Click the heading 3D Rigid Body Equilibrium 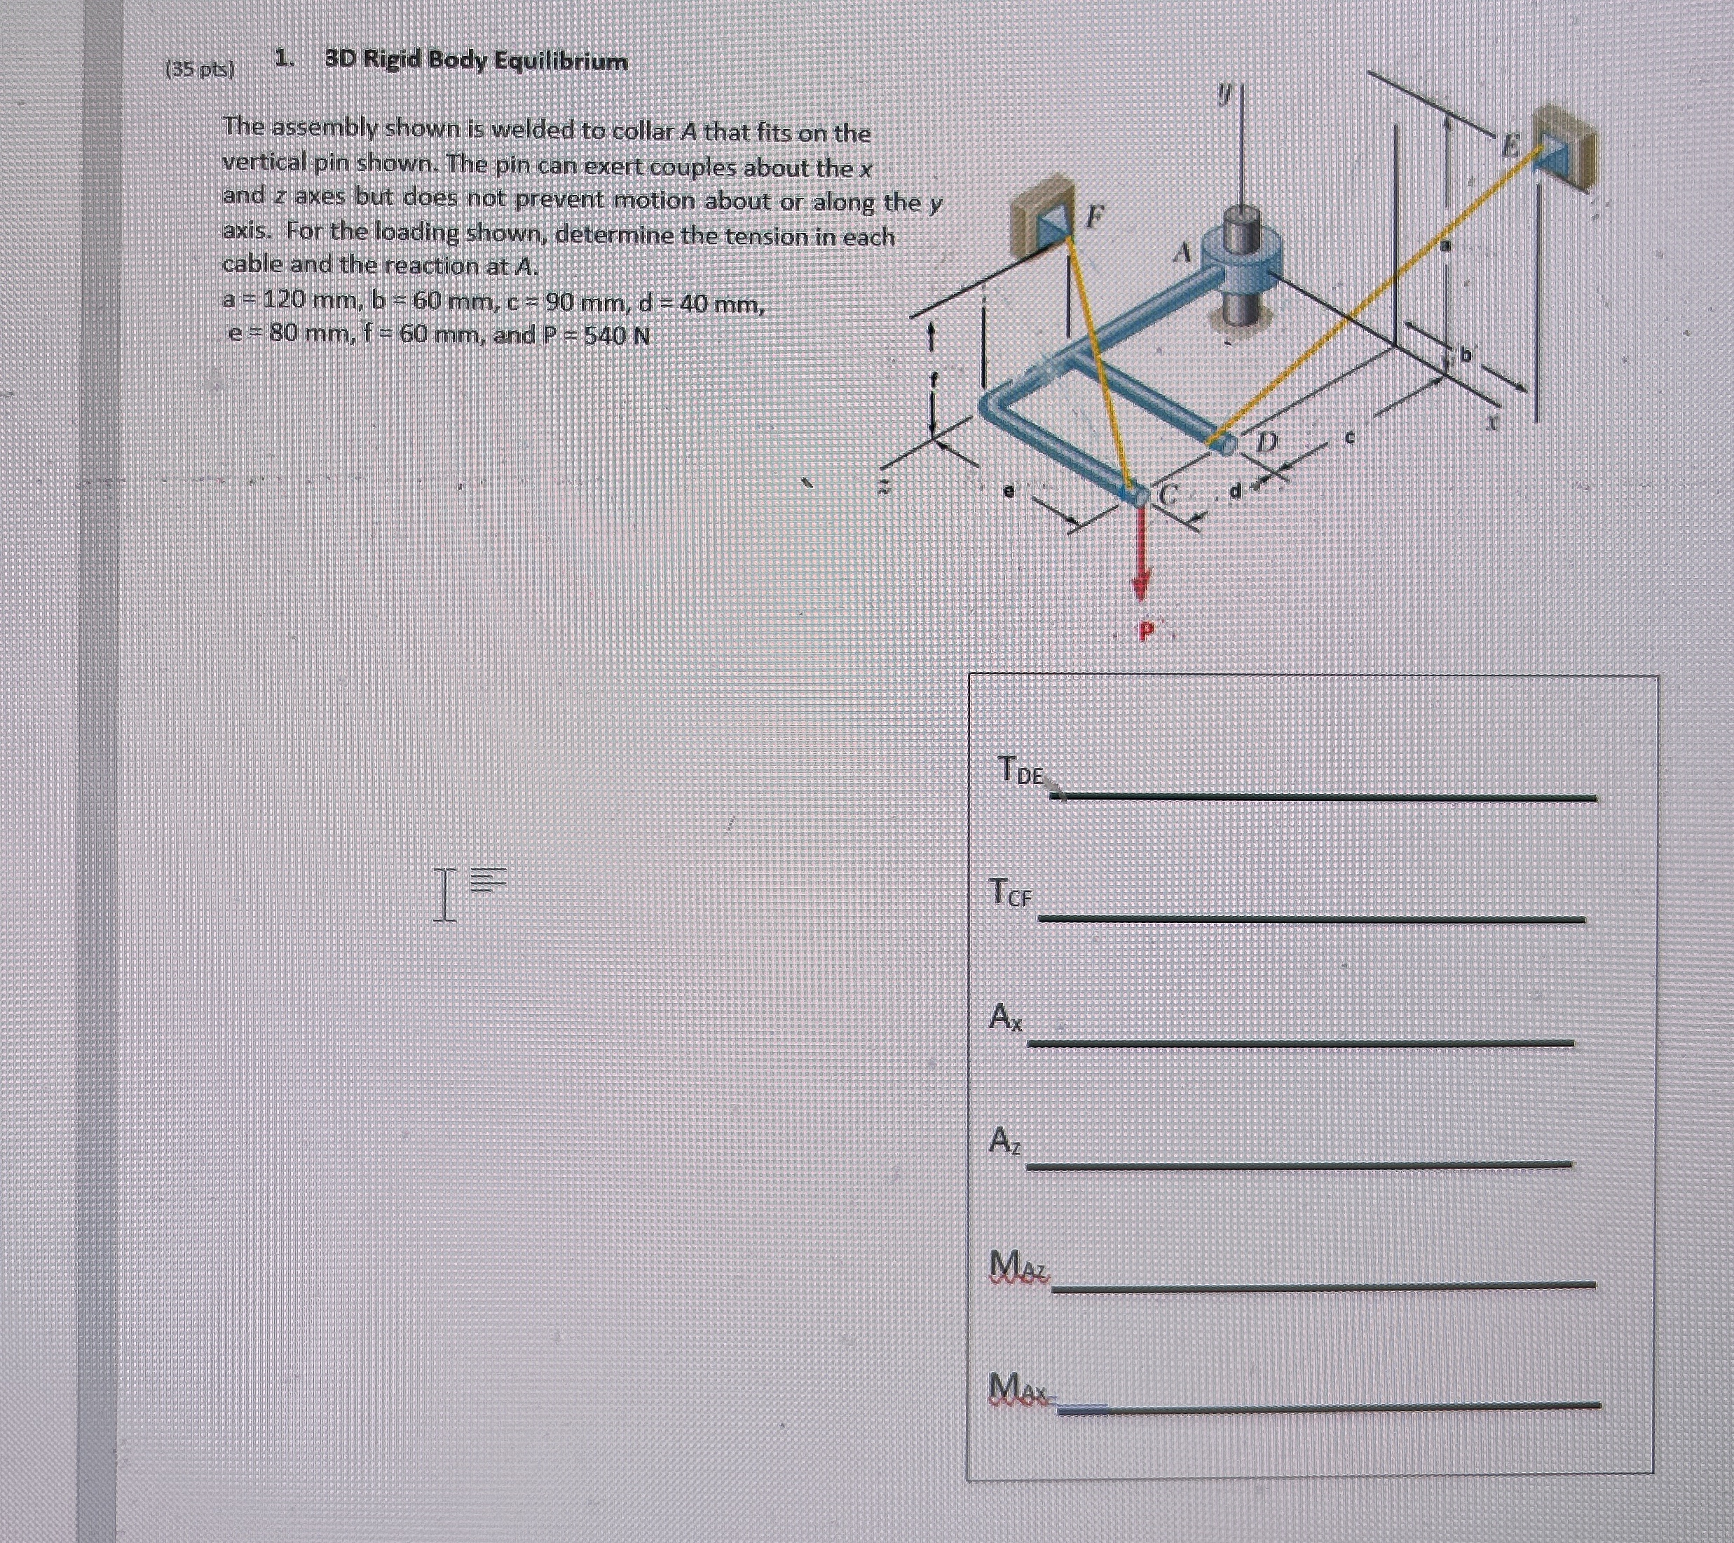(x=476, y=61)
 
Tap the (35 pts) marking (x=198, y=69)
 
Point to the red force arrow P (x=1141, y=552)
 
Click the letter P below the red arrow (x=1146, y=630)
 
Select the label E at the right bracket (x=1508, y=146)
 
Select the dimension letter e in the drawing (x=1008, y=490)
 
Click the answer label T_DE (x=1019, y=770)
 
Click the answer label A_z (x=1004, y=1140)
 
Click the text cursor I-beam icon (x=444, y=894)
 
